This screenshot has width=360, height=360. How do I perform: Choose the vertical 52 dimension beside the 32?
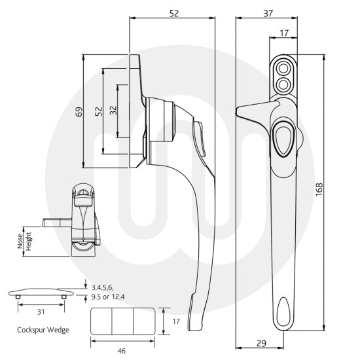(x=98, y=111)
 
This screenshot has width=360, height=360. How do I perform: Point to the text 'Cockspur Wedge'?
(x=43, y=329)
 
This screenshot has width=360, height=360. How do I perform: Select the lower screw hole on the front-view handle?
(x=283, y=82)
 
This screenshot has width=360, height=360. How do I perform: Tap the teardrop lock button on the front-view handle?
(x=282, y=135)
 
